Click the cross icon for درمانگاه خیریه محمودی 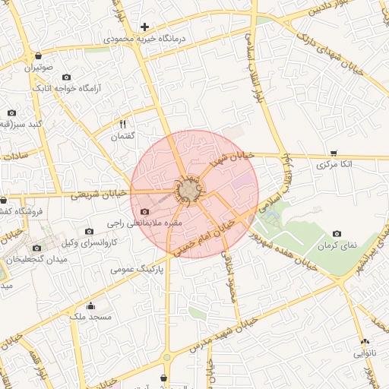point(144,27)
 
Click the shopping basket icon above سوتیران point(37,55)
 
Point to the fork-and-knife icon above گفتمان point(122,124)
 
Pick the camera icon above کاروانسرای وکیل point(89,232)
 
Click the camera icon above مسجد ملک point(91,305)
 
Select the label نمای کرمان point(340,247)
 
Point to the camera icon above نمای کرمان point(337,235)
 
